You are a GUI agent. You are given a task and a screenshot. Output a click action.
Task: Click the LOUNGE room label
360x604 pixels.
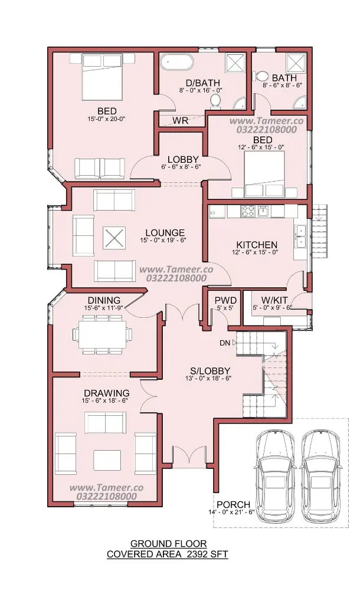point(165,232)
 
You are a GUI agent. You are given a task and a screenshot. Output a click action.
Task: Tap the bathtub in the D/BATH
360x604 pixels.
point(177,61)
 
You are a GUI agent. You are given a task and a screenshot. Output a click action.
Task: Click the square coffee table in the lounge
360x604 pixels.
point(114,238)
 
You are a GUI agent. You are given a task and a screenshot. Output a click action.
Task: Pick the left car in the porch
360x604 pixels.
point(275,476)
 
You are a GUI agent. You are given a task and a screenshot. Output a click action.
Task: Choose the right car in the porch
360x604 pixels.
point(320,476)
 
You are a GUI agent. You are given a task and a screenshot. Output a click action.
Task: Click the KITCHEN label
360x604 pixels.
point(257,245)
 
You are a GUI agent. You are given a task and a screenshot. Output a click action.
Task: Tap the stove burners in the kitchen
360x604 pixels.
point(248,211)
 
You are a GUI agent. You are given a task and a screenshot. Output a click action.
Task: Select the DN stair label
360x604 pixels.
point(225,343)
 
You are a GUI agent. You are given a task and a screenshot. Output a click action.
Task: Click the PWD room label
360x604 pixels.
point(225,300)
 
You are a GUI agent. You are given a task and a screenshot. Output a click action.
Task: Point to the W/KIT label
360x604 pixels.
point(274,300)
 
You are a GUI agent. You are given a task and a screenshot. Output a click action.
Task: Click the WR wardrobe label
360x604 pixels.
point(180,120)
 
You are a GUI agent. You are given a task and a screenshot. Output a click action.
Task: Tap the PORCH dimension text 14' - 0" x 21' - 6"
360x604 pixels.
point(231,513)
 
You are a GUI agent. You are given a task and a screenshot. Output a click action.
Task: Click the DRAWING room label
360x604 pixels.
point(107,393)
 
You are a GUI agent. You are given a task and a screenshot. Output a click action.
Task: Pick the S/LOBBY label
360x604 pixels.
point(210,371)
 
